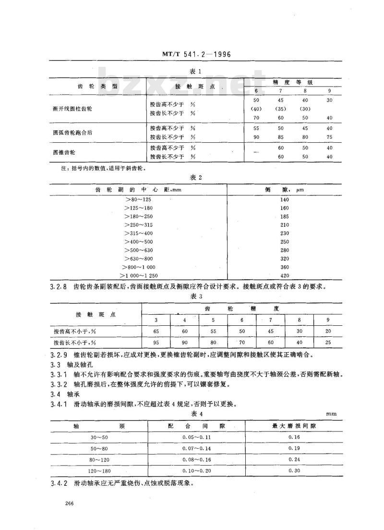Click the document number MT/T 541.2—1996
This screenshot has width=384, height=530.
click(x=194, y=54)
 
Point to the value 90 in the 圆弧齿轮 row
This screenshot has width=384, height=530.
click(x=256, y=136)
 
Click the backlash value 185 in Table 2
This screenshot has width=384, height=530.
click(x=285, y=216)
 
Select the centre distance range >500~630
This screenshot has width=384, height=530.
click(x=140, y=250)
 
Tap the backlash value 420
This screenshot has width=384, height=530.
click(x=285, y=275)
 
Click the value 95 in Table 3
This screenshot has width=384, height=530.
click(x=156, y=343)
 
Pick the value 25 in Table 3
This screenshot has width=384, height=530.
click(x=328, y=343)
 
